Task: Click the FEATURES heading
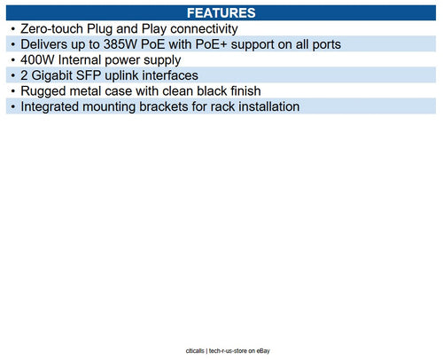coord(221,13)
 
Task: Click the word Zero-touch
coord(51,29)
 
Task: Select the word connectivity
coord(204,29)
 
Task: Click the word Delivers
coord(43,44)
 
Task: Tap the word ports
coord(327,45)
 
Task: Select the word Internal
coord(80,60)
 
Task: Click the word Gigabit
coord(51,75)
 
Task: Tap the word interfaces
coord(170,75)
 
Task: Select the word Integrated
coord(50,107)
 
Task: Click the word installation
coord(269,106)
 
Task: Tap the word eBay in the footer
coord(263,351)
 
